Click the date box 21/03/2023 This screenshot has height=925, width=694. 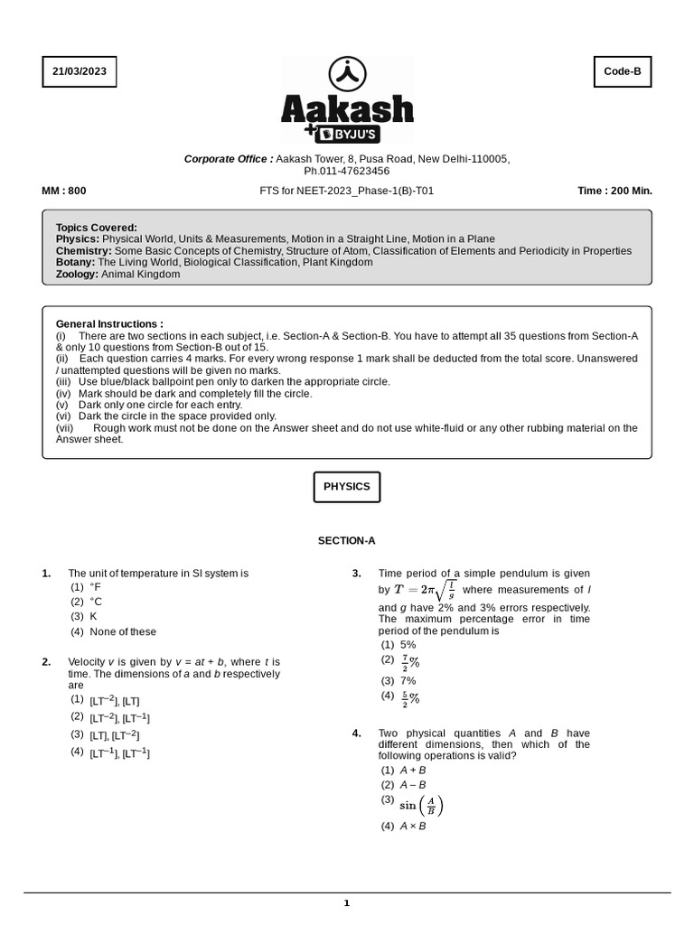[80, 71]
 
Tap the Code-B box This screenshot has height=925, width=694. [622, 71]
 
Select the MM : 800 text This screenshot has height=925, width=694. [64, 191]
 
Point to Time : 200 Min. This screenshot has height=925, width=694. [614, 191]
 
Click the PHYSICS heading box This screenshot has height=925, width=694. [347, 486]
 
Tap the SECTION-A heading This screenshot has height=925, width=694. [346, 541]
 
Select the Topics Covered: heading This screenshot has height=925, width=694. [97, 228]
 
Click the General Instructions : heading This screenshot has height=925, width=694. [109, 323]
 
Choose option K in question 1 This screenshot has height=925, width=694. [93, 616]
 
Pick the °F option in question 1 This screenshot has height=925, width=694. [95, 587]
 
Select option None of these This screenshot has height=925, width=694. [122, 631]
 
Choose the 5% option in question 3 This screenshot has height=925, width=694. [408, 645]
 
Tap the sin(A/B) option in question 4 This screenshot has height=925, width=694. [421, 805]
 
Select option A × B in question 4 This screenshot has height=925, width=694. [413, 827]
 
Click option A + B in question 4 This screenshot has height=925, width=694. [413, 770]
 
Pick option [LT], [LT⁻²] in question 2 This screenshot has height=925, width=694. [114, 735]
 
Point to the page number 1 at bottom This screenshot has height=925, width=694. [346, 903]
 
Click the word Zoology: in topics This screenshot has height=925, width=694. [77, 274]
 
